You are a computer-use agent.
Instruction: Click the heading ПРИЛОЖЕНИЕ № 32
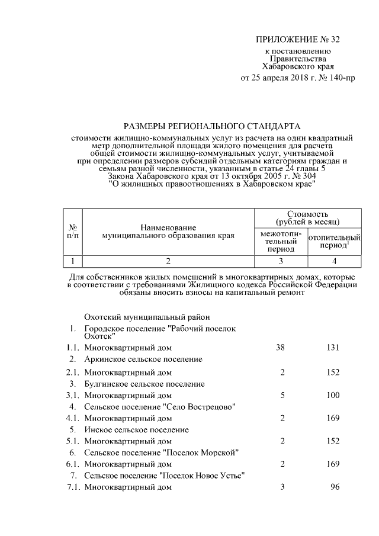pyautogui.click(x=298, y=40)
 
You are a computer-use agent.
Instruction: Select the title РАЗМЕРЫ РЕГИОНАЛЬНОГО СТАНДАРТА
pyautogui.click(x=211, y=126)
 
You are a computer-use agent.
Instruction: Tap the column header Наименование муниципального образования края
pyautogui.click(x=168, y=232)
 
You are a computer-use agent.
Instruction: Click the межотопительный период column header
pyautogui.click(x=281, y=242)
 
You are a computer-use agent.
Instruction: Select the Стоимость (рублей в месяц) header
pyautogui.click(x=308, y=217)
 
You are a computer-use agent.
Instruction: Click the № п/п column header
pyautogui.click(x=72, y=232)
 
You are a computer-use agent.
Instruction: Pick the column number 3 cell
pyautogui.click(x=281, y=261)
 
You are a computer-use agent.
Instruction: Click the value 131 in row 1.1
pyautogui.click(x=332, y=348)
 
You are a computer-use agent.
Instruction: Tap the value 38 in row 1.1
pyautogui.click(x=281, y=348)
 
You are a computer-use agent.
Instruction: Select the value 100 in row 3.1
pyautogui.click(x=332, y=395)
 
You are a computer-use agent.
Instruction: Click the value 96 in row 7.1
pyautogui.click(x=335, y=487)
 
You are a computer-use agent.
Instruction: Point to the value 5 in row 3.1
pyautogui.click(x=283, y=395)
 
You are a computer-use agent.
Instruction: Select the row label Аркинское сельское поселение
pyautogui.click(x=143, y=360)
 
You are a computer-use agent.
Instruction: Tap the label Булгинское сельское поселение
pyautogui.click(x=144, y=384)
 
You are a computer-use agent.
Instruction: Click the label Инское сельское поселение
pyautogui.click(x=137, y=429)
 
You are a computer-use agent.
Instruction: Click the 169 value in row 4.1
pyautogui.click(x=332, y=418)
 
